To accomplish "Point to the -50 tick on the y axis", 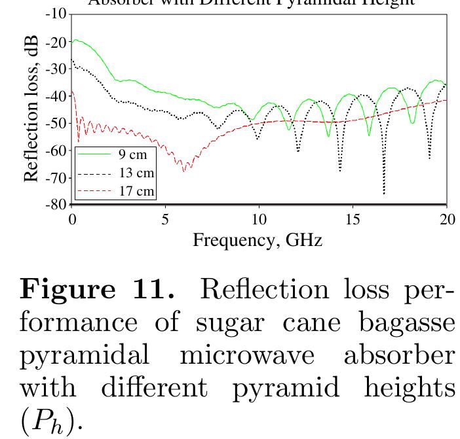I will tap(57, 123).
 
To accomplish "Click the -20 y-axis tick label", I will tap(57, 42).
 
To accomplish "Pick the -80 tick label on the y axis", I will tap(57, 204).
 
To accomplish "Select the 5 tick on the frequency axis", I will tap(166, 219).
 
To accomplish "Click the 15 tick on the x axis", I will tap(353, 219).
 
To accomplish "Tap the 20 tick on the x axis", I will tap(447, 219).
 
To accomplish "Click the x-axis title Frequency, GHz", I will tap(257, 240).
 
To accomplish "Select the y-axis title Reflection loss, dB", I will tap(31, 109).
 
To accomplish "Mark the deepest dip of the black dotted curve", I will tap(384, 193).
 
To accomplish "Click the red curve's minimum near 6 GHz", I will tap(184, 170).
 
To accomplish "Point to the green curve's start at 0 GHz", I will tap(74, 41).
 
